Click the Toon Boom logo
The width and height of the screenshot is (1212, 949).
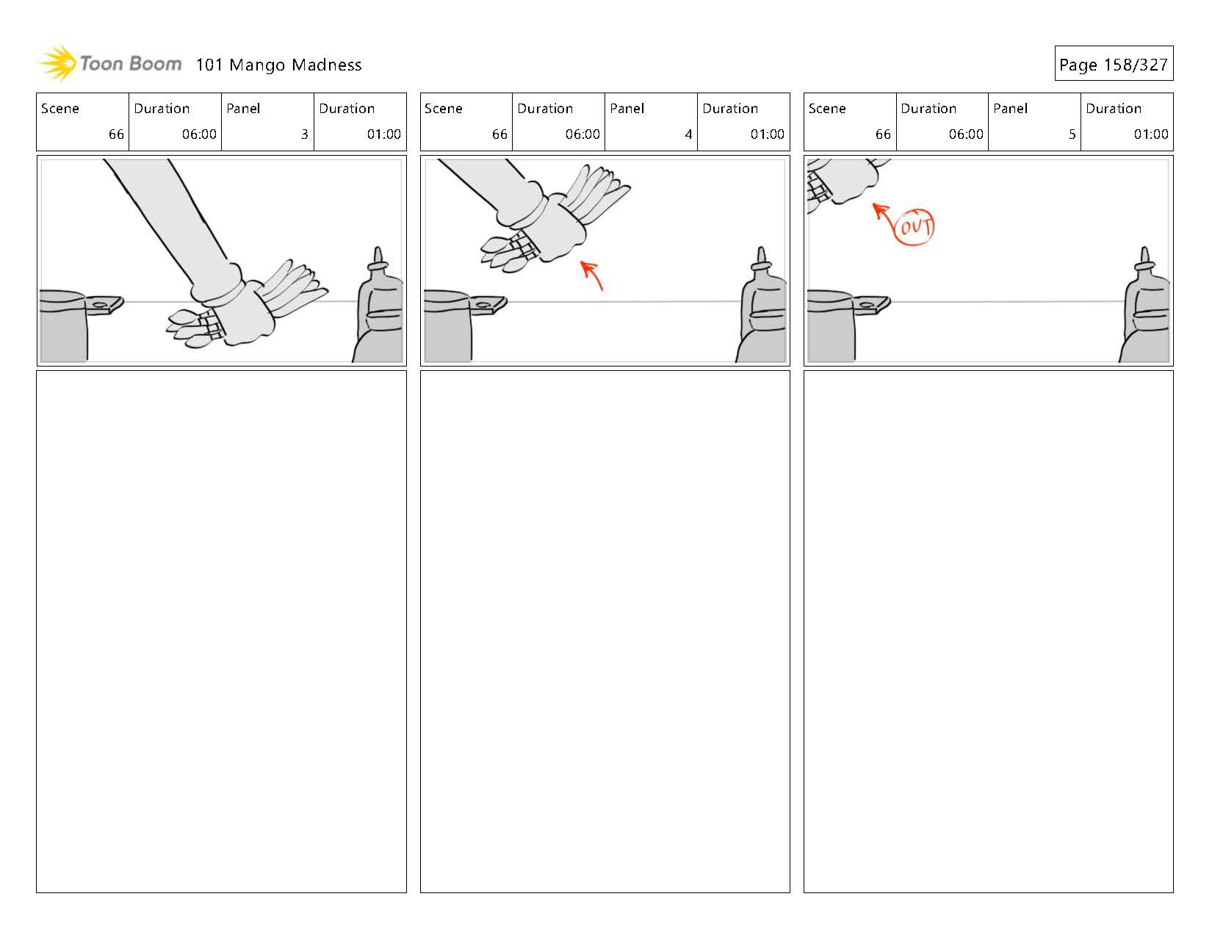pos(110,64)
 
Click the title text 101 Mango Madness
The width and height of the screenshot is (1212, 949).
pos(278,65)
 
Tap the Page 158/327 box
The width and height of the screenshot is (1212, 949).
pos(1113,64)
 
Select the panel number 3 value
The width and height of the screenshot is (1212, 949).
pos(304,134)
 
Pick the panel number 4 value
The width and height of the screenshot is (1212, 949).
pos(688,134)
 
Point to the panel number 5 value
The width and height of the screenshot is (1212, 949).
pos(1072,134)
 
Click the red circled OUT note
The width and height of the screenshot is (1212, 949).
pos(915,226)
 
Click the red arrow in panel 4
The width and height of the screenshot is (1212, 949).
pos(592,275)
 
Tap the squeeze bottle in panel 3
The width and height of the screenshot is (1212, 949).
pos(380,312)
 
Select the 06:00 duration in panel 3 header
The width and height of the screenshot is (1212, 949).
pos(199,134)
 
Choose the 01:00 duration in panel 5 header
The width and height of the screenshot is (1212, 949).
pos(1150,134)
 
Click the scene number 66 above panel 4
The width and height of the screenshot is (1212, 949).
pos(499,134)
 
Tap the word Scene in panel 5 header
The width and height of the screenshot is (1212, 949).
pos(827,109)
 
